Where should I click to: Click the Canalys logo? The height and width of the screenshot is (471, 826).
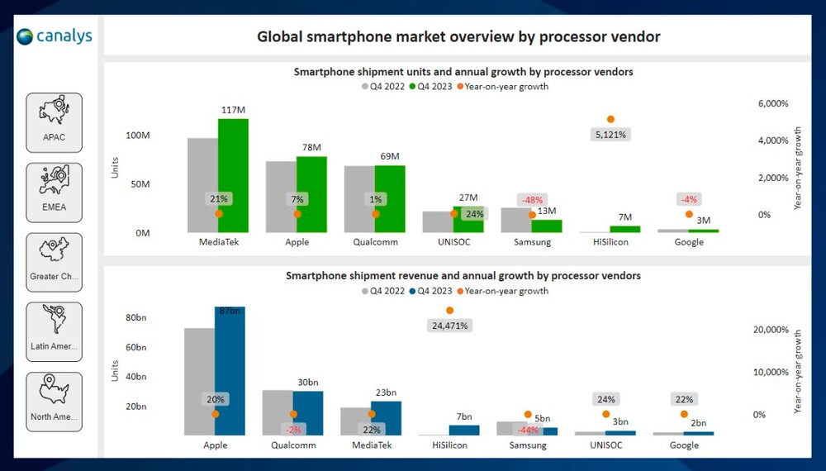pos(55,36)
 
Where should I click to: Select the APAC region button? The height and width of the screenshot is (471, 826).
pos(55,122)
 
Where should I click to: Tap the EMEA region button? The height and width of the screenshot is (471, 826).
pos(55,193)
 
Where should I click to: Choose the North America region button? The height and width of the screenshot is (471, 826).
pos(55,402)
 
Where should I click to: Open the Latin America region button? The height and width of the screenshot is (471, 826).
pos(55,332)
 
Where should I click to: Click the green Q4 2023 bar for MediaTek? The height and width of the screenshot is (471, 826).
pos(234,176)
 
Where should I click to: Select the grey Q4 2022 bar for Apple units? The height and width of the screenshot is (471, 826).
pos(281,197)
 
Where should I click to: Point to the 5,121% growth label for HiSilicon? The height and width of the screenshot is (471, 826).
pos(610,134)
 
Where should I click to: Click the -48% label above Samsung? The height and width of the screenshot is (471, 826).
pos(532,200)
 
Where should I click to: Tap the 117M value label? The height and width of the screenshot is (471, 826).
pos(234,110)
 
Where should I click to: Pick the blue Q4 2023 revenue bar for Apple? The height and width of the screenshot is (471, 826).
pos(230,371)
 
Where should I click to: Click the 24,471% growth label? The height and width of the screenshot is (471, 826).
pos(449,326)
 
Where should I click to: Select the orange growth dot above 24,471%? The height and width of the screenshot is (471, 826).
pos(449,311)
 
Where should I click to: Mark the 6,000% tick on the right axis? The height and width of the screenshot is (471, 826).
pos(772,104)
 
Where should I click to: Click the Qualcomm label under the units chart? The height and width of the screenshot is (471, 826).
pos(375,242)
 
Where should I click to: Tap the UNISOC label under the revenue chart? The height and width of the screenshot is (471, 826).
pos(605,445)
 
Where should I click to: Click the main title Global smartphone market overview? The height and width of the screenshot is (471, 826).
pos(458,36)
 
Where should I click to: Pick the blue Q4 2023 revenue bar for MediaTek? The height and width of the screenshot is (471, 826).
pos(386,418)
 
